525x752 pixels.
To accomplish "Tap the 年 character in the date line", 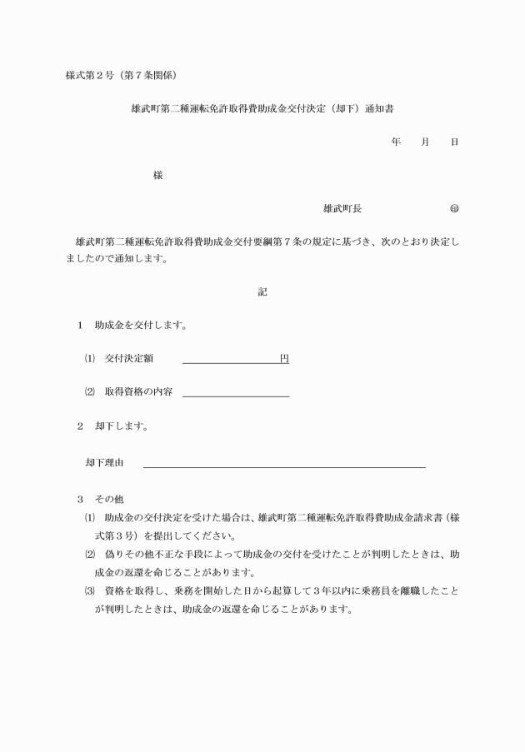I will pyautogui.click(x=396, y=142).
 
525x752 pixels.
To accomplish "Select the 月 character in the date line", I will pyautogui.click(x=425, y=142).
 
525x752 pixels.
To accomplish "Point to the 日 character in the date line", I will pyautogui.click(x=454, y=142).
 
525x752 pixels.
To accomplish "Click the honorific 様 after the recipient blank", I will pyautogui.click(x=157, y=176).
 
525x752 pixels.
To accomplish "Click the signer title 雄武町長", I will pyautogui.click(x=342, y=208).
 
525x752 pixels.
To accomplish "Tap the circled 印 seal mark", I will pyautogui.click(x=454, y=208).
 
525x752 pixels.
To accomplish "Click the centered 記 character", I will pyautogui.click(x=262, y=292).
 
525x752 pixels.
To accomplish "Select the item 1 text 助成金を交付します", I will pyautogui.click(x=140, y=326).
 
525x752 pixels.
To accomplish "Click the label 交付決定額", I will pyautogui.click(x=129, y=359).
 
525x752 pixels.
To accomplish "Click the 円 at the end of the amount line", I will pyautogui.click(x=284, y=359).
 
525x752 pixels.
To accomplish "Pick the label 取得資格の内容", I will pyautogui.click(x=138, y=392).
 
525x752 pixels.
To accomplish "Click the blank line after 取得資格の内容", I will pyautogui.click(x=235, y=395).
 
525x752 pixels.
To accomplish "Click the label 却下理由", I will pyautogui.click(x=104, y=461).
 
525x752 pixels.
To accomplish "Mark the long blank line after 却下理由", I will pyautogui.click(x=284, y=466).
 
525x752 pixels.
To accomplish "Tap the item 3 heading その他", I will pyautogui.click(x=109, y=500).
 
